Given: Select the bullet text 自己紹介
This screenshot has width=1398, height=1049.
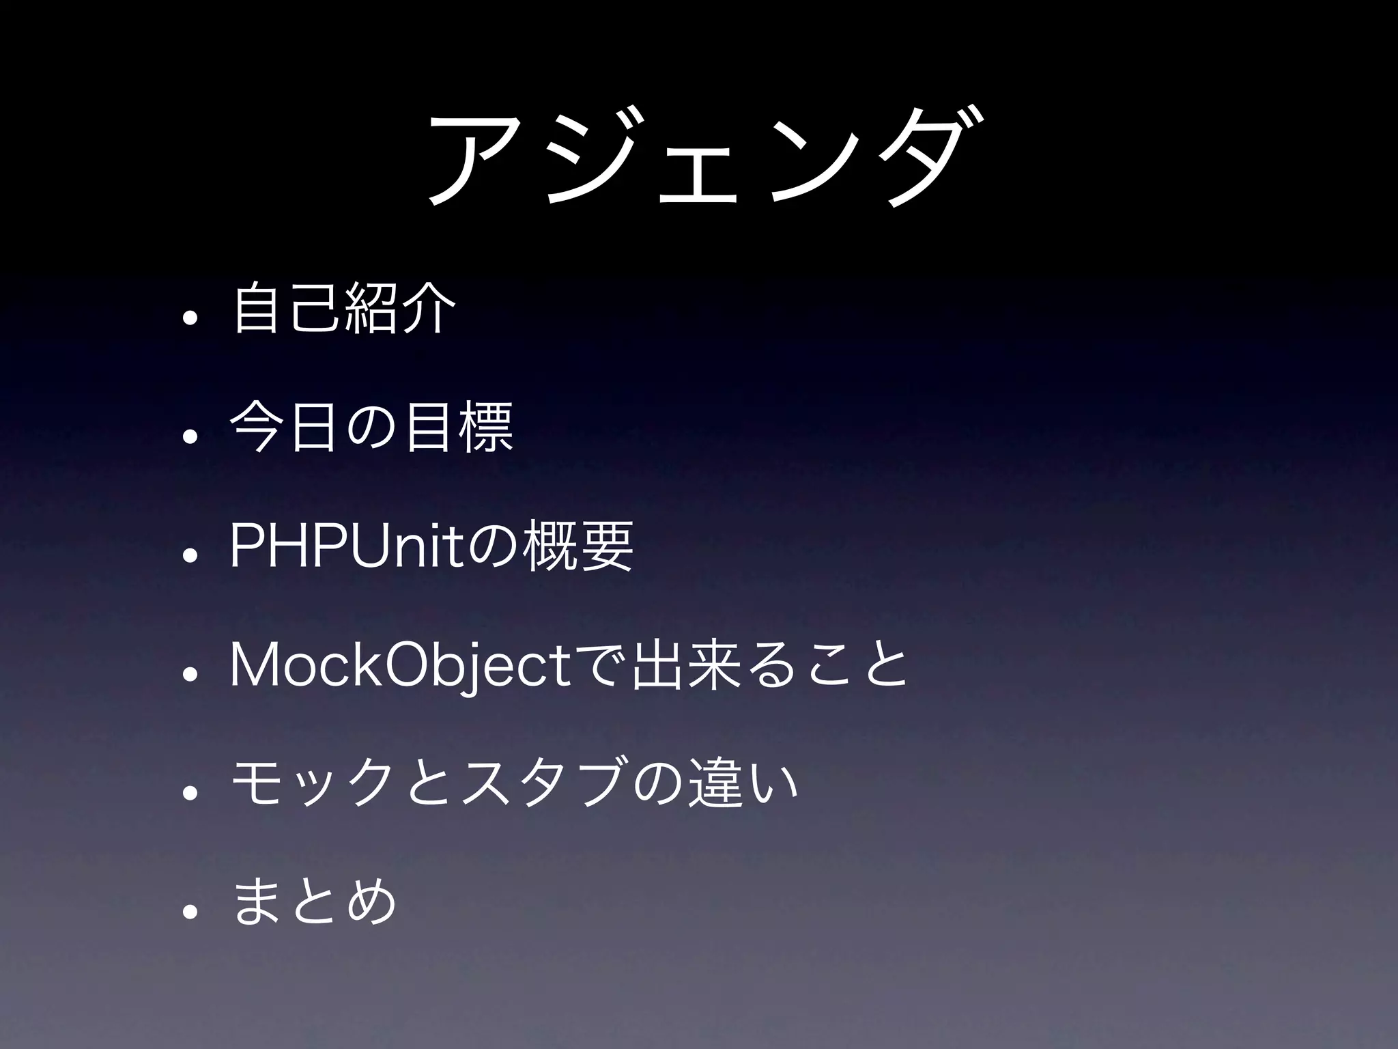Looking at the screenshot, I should coord(344,309).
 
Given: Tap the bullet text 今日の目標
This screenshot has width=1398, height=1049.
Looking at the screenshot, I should coord(372,428).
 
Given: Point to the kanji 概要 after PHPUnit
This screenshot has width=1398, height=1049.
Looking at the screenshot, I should coord(577,546).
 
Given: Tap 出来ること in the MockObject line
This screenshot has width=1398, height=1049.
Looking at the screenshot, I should coord(771,665).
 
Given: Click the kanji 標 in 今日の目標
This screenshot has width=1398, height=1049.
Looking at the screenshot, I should coord(487,428).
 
